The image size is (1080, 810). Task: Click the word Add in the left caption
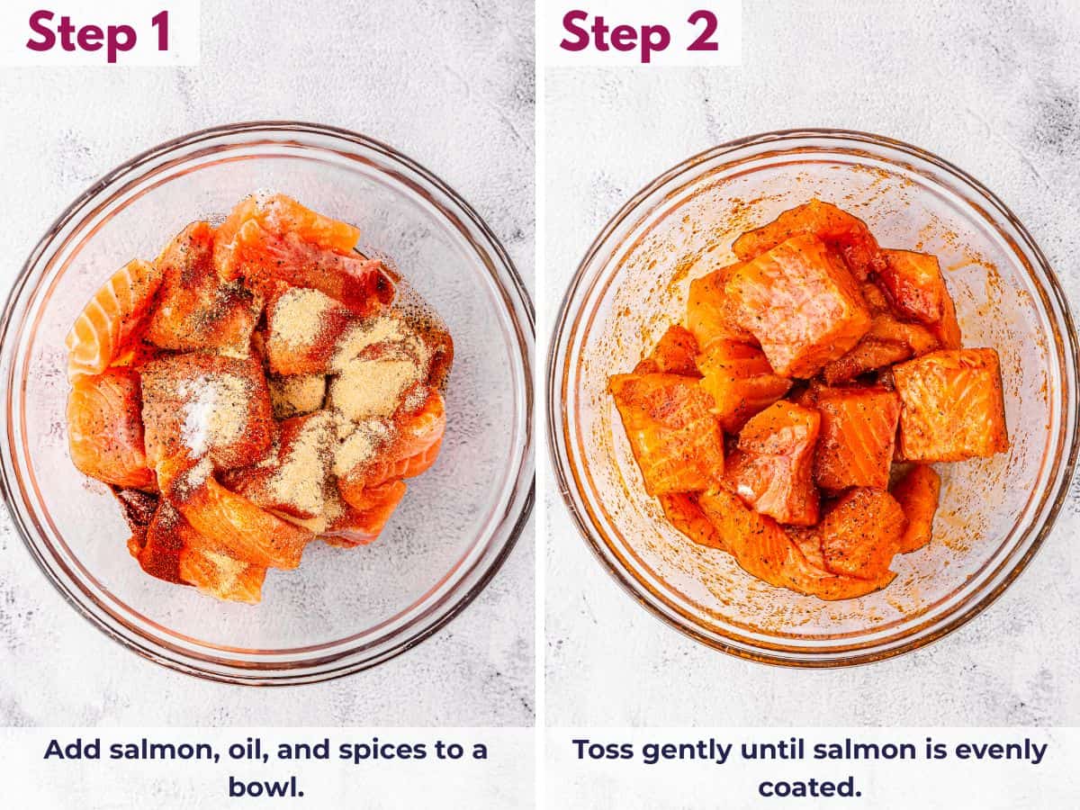tap(69, 750)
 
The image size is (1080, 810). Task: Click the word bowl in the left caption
tap(264, 787)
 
